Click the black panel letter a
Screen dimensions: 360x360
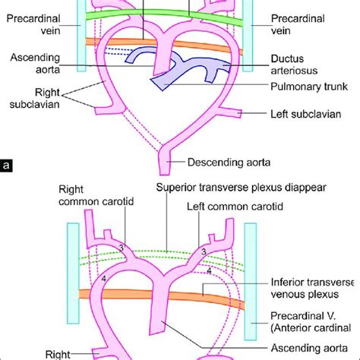click(6, 163)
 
